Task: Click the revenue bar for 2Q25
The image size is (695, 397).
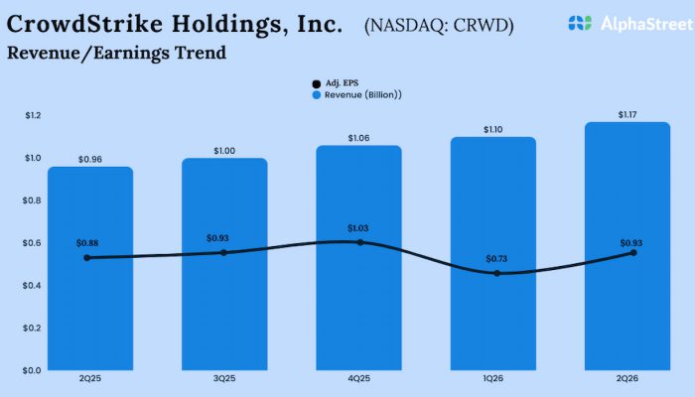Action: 89,298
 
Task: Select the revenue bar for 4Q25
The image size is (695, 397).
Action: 358,298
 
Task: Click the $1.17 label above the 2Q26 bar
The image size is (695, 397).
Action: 627,115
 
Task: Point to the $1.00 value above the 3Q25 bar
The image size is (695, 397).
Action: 223,151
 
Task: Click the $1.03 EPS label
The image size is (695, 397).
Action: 358,228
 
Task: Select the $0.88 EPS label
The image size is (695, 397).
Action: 89,243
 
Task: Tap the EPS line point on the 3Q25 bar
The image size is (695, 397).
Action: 223,252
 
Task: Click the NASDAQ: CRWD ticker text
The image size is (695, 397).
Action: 439,23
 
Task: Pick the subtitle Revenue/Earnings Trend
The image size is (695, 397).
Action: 116,53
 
